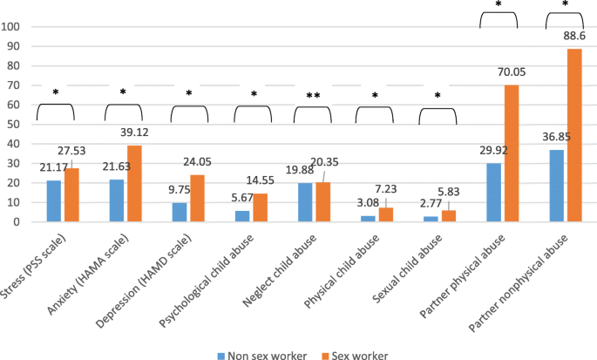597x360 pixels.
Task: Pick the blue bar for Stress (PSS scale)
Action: click(x=54, y=201)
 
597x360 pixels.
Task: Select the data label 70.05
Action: click(x=508, y=75)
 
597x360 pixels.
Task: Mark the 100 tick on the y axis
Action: click(x=11, y=26)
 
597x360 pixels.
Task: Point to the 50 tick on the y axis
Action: click(x=15, y=125)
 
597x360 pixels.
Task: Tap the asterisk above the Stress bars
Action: click(x=55, y=92)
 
